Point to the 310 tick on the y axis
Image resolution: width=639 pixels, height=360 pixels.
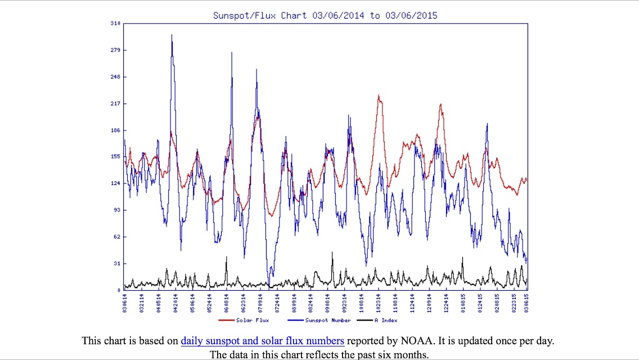(x=115, y=23)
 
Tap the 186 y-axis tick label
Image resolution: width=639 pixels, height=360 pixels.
(x=115, y=130)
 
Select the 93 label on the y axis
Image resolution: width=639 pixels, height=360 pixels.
(x=116, y=210)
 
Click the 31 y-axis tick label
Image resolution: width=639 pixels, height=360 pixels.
(x=116, y=263)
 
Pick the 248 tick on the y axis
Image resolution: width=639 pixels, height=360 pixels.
(x=115, y=76)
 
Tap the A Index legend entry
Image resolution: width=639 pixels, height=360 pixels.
(x=385, y=320)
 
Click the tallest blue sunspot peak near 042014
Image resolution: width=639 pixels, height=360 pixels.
(x=172, y=35)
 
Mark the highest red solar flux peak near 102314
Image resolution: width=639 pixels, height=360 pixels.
(x=379, y=96)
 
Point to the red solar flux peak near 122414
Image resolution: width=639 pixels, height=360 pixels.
(x=441, y=104)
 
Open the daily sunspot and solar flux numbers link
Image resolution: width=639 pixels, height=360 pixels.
(x=262, y=341)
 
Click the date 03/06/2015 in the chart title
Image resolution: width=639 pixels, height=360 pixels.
(x=411, y=15)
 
